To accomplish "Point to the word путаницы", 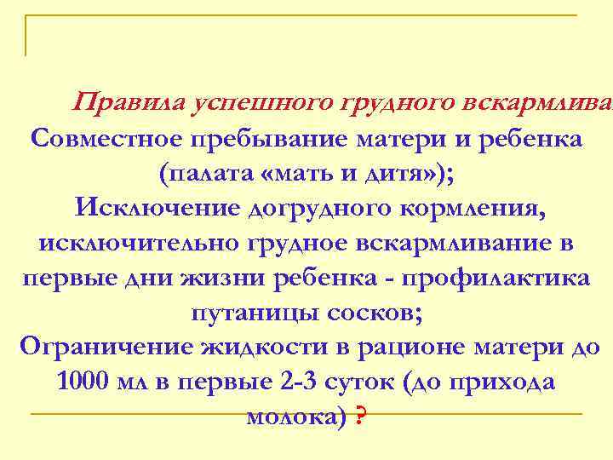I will pyautogui.click(x=255, y=313).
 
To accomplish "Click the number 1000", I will pyautogui.click(x=83, y=382).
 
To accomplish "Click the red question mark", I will pyautogui.click(x=362, y=417).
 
